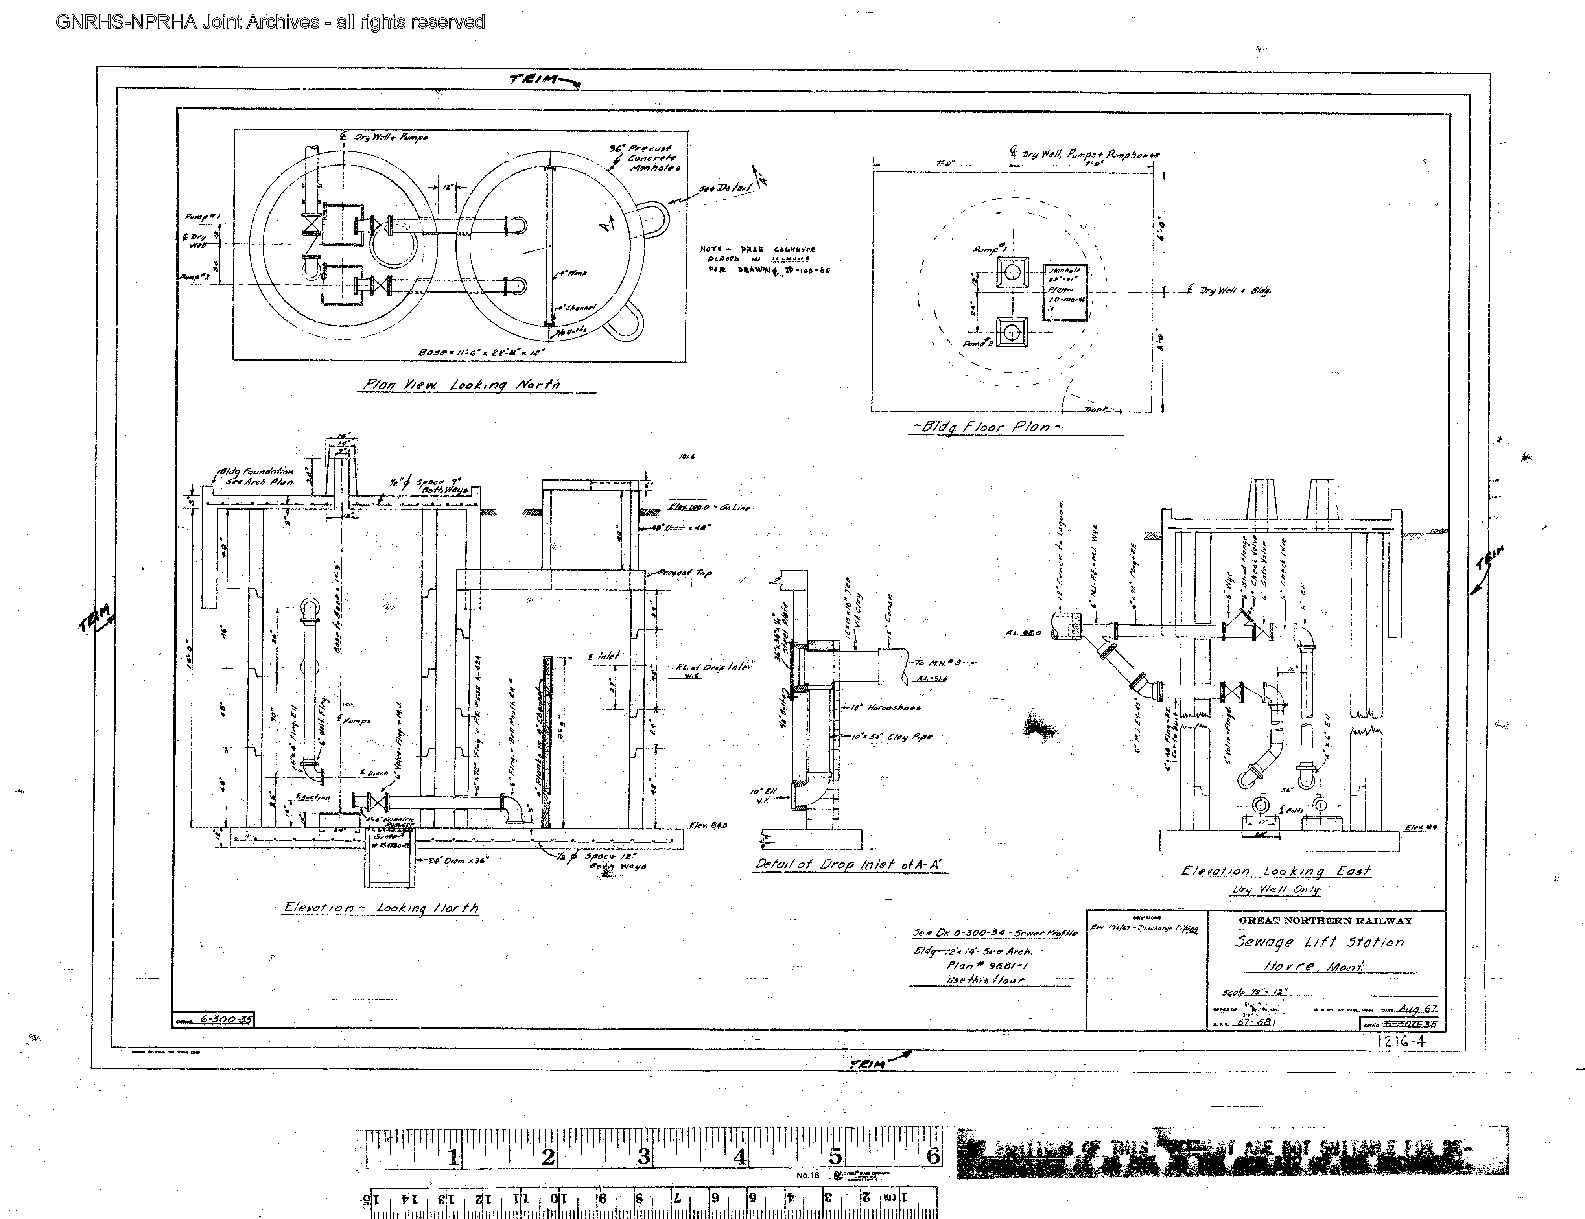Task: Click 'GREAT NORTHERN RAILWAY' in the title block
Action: click(x=1325, y=921)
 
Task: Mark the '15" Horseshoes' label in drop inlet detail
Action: click(x=882, y=707)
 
